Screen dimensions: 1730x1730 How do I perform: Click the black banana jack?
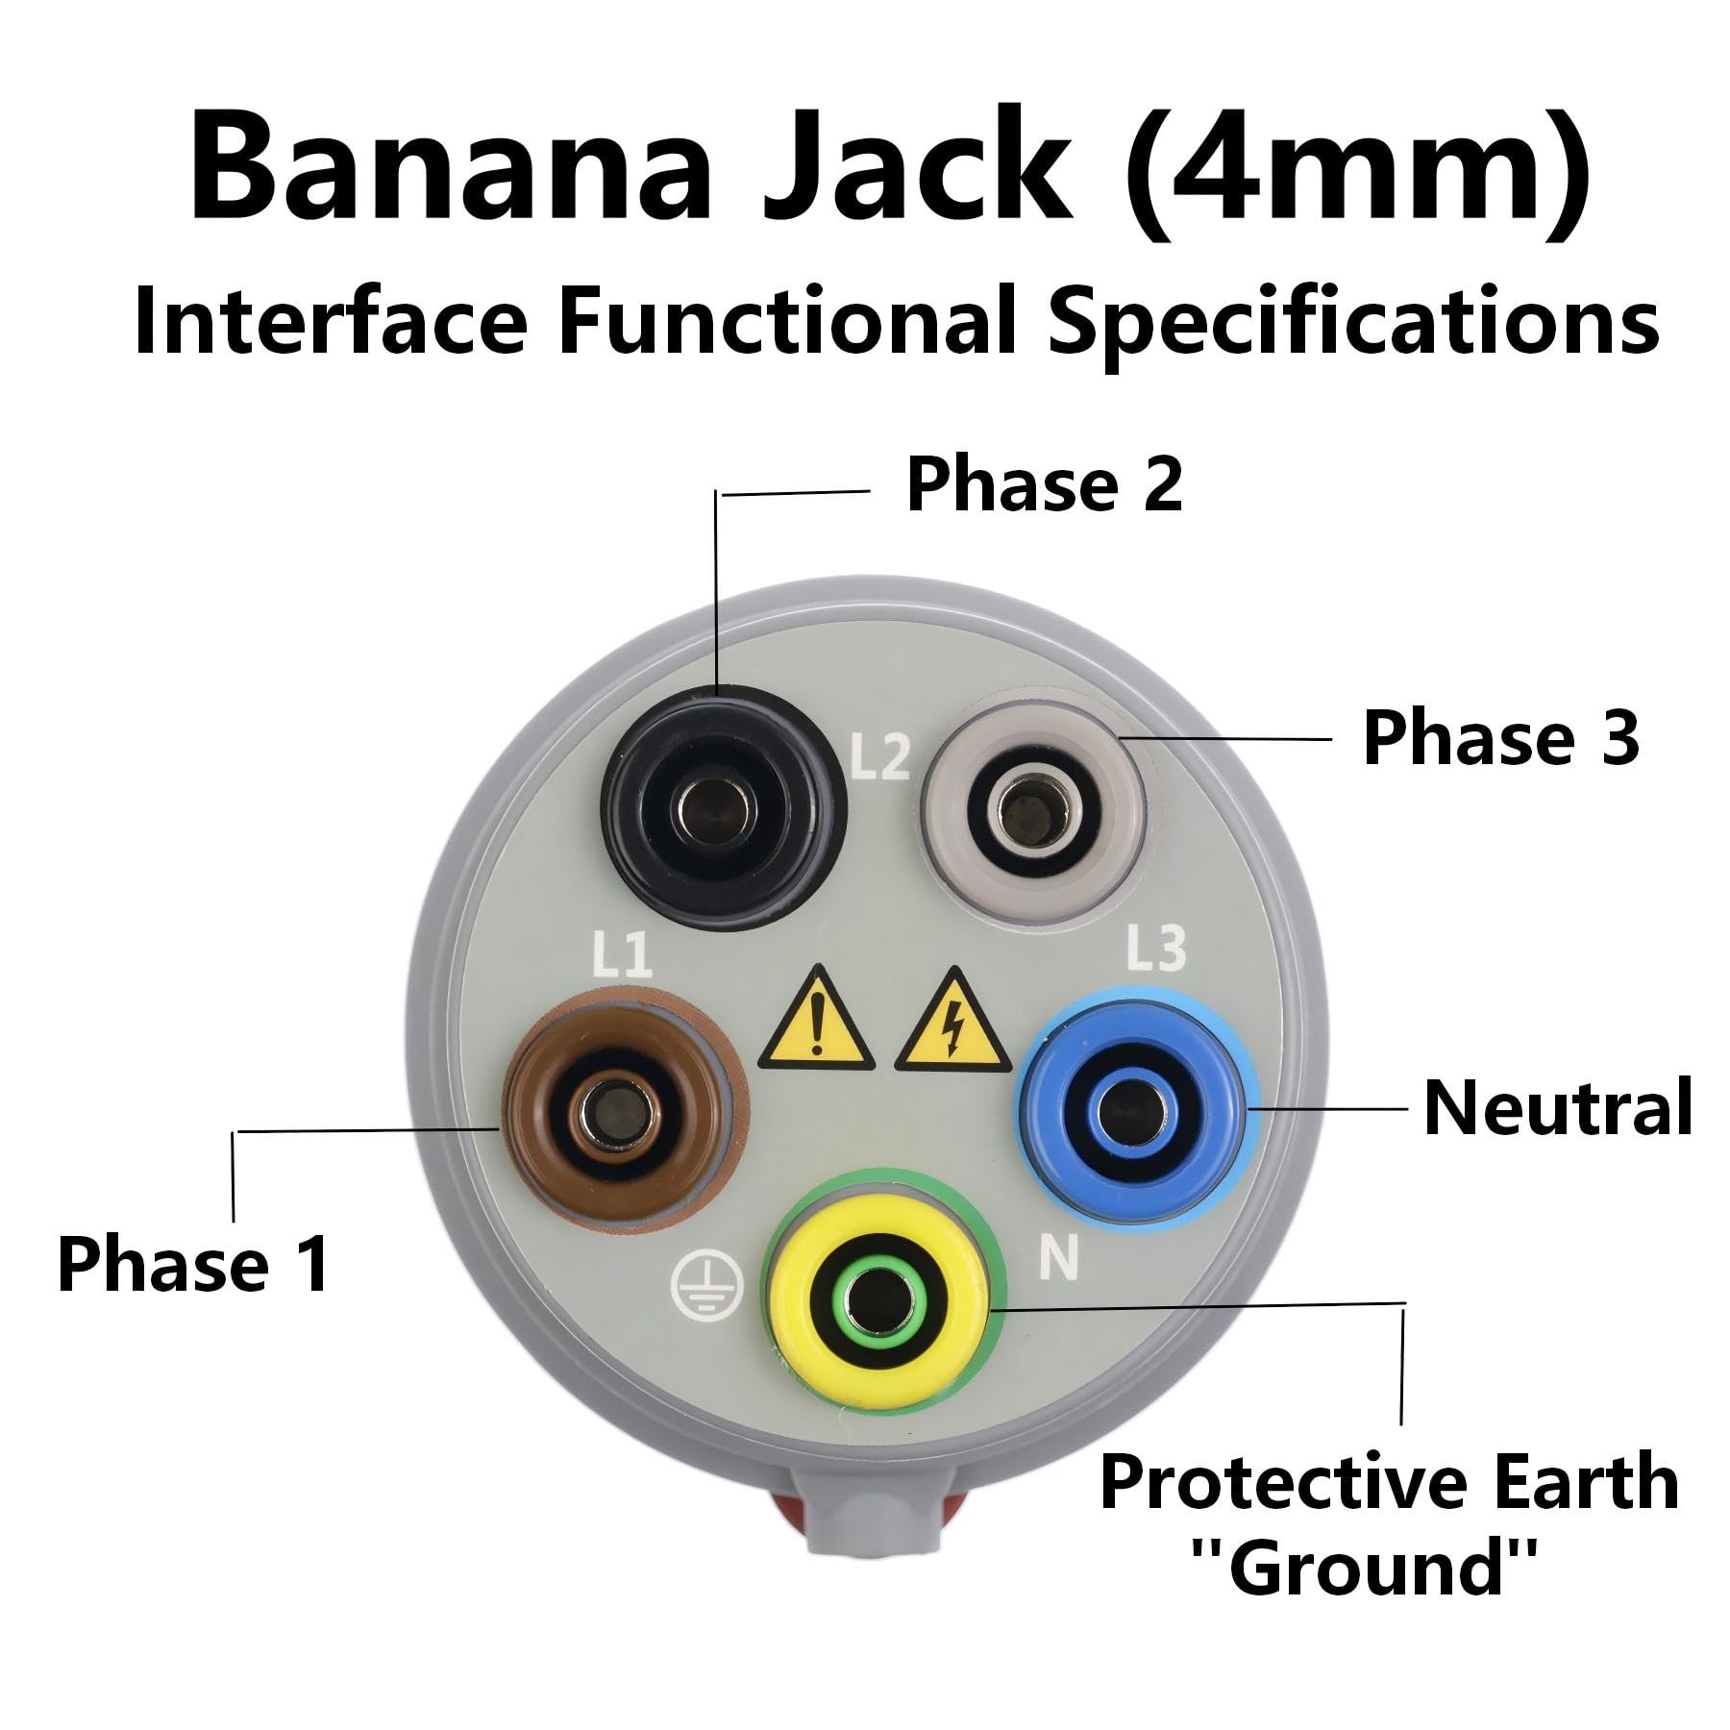(x=724, y=806)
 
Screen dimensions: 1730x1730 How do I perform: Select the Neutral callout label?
(x=1557, y=1107)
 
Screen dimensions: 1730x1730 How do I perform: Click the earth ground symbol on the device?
(x=707, y=1288)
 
